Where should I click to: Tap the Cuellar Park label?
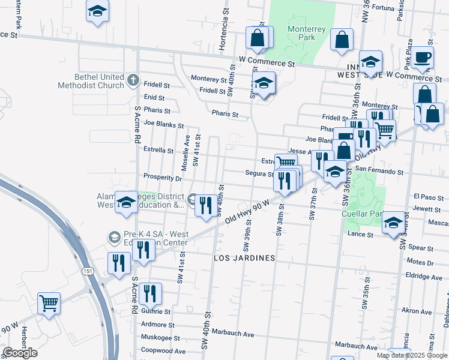point(362,213)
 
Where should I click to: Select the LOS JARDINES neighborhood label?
point(245,258)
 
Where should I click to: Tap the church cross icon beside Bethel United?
point(133,79)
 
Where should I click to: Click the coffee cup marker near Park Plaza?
point(422,58)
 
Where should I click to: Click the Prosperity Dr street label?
point(162,178)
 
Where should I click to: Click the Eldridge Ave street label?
point(424,277)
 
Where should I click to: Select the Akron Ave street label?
point(417,311)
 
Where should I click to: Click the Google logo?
point(20,353)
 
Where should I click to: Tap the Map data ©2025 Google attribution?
point(412,355)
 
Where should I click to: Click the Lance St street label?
point(361,234)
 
